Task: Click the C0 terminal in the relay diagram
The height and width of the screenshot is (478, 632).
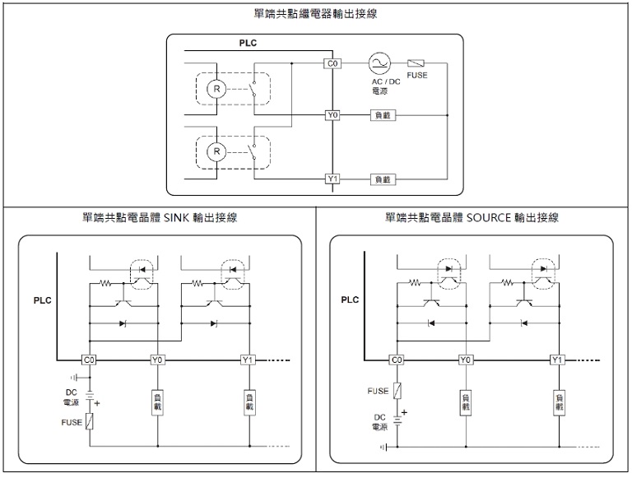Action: click(332, 63)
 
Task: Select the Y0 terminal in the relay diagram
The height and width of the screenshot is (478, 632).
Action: click(332, 115)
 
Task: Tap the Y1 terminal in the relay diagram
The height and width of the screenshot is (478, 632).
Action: click(332, 179)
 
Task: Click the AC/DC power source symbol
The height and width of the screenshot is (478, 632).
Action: click(379, 63)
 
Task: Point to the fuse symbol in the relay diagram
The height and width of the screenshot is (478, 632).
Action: click(416, 63)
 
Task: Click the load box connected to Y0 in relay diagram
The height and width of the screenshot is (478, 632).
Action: click(383, 115)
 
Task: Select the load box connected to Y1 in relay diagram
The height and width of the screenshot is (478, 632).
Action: click(383, 179)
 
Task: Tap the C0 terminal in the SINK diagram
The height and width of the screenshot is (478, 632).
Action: click(89, 360)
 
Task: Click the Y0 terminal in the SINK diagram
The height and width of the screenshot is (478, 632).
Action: click(157, 360)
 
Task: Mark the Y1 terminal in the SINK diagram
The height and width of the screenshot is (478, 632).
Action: click(249, 360)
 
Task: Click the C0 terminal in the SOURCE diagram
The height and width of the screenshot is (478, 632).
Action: click(397, 360)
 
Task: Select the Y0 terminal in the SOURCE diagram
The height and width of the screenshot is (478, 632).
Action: click(466, 360)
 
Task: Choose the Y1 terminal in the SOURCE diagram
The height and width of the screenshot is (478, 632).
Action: click(557, 360)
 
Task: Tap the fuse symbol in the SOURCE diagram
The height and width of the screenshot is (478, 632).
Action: click(397, 392)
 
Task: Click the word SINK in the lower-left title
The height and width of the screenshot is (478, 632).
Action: click(177, 218)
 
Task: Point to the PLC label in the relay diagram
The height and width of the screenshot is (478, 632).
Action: click(248, 43)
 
